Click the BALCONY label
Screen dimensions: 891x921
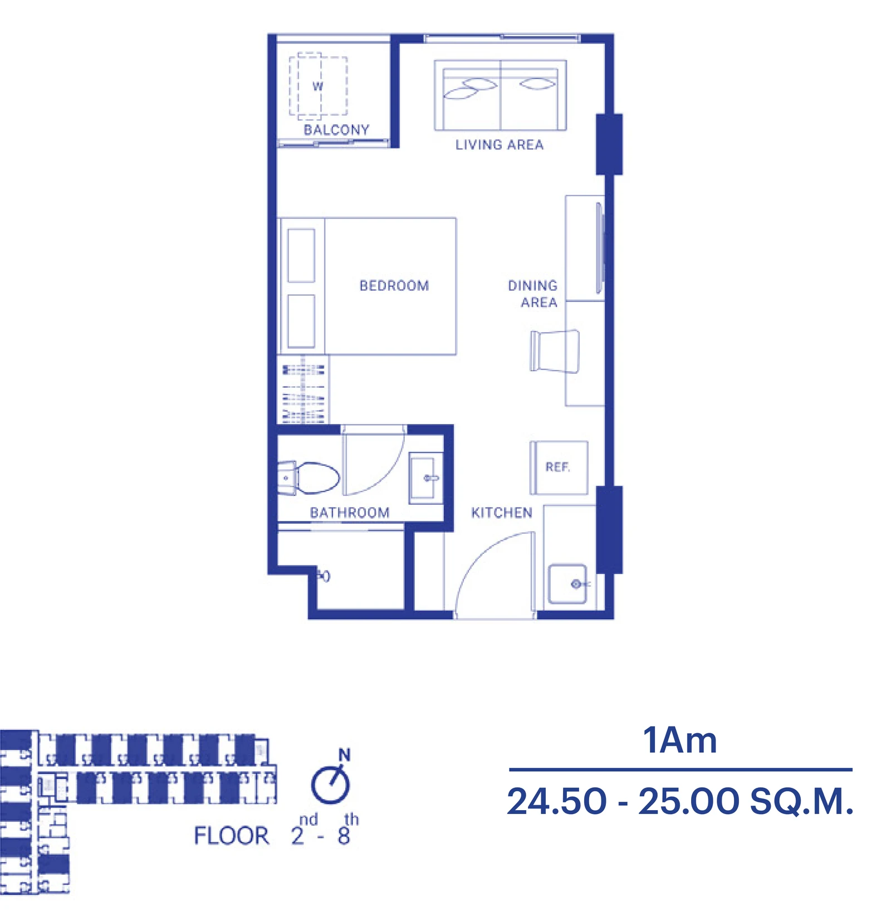pos(336,130)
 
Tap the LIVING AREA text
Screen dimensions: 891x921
pos(500,145)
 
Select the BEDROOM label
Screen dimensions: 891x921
pos(394,286)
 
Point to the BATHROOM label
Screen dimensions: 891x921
pos(350,513)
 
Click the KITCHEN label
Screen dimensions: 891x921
pos(502,513)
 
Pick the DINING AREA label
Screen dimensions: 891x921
pos(533,294)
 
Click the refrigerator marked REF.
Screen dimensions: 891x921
pos(559,467)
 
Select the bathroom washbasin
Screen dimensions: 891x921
pos(426,477)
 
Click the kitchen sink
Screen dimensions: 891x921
pos(567,584)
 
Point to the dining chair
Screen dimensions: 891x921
pos(555,351)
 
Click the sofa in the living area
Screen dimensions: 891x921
pos(500,95)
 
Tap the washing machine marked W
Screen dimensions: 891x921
pos(318,86)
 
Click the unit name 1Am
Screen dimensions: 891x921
pos(680,740)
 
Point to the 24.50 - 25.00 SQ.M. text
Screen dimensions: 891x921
pos(680,801)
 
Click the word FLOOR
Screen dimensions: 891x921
pos(232,836)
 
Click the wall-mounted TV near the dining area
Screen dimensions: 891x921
pos(600,248)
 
